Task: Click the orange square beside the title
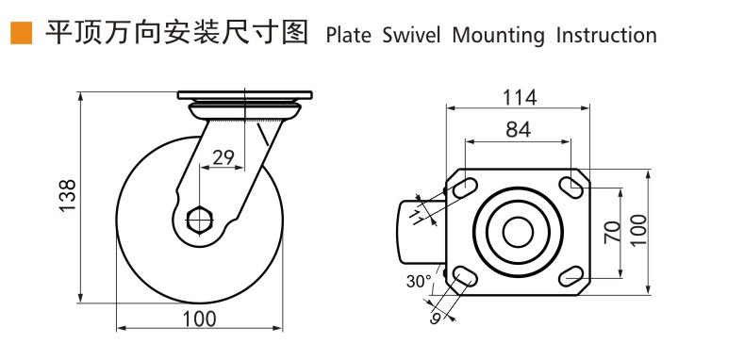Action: click(21, 33)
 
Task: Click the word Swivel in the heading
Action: click(411, 36)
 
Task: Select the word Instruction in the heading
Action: click(606, 36)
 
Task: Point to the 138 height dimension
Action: click(68, 196)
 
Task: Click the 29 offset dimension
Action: click(223, 157)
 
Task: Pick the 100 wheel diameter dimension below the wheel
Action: click(199, 319)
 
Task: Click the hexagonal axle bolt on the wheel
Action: click(200, 221)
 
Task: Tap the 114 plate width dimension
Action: click(520, 98)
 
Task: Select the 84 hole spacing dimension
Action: click(518, 129)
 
